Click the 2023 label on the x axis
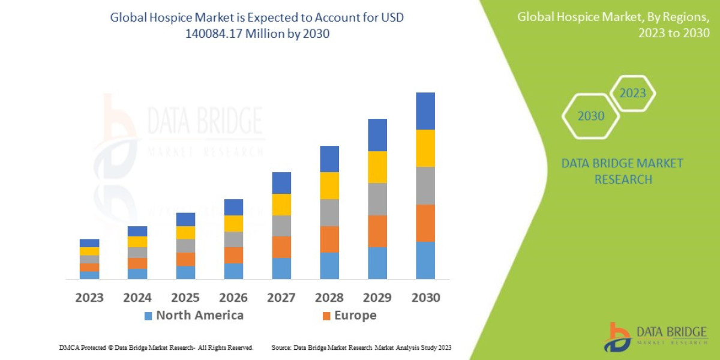tap(89, 298)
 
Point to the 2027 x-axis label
tap(281, 298)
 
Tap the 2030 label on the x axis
tap(425, 298)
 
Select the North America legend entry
tap(194, 316)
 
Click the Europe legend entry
tap(349, 316)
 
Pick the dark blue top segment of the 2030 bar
tap(425, 111)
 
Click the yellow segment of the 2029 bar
tap(377, 167)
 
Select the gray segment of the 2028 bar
tap(329, 212)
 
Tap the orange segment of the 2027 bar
tap(281, 247)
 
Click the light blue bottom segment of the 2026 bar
tap(233, 271)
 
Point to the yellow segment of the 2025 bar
tap(185, 233)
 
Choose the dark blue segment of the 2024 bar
tap(137, 231)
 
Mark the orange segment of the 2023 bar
tap(89, 267)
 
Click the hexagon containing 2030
tap(590, 116)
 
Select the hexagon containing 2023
tap(632, 93)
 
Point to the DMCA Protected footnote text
tap(157, 347)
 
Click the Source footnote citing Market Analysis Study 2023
tap(361, 347)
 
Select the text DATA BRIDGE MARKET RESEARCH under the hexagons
tap(622, 171)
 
